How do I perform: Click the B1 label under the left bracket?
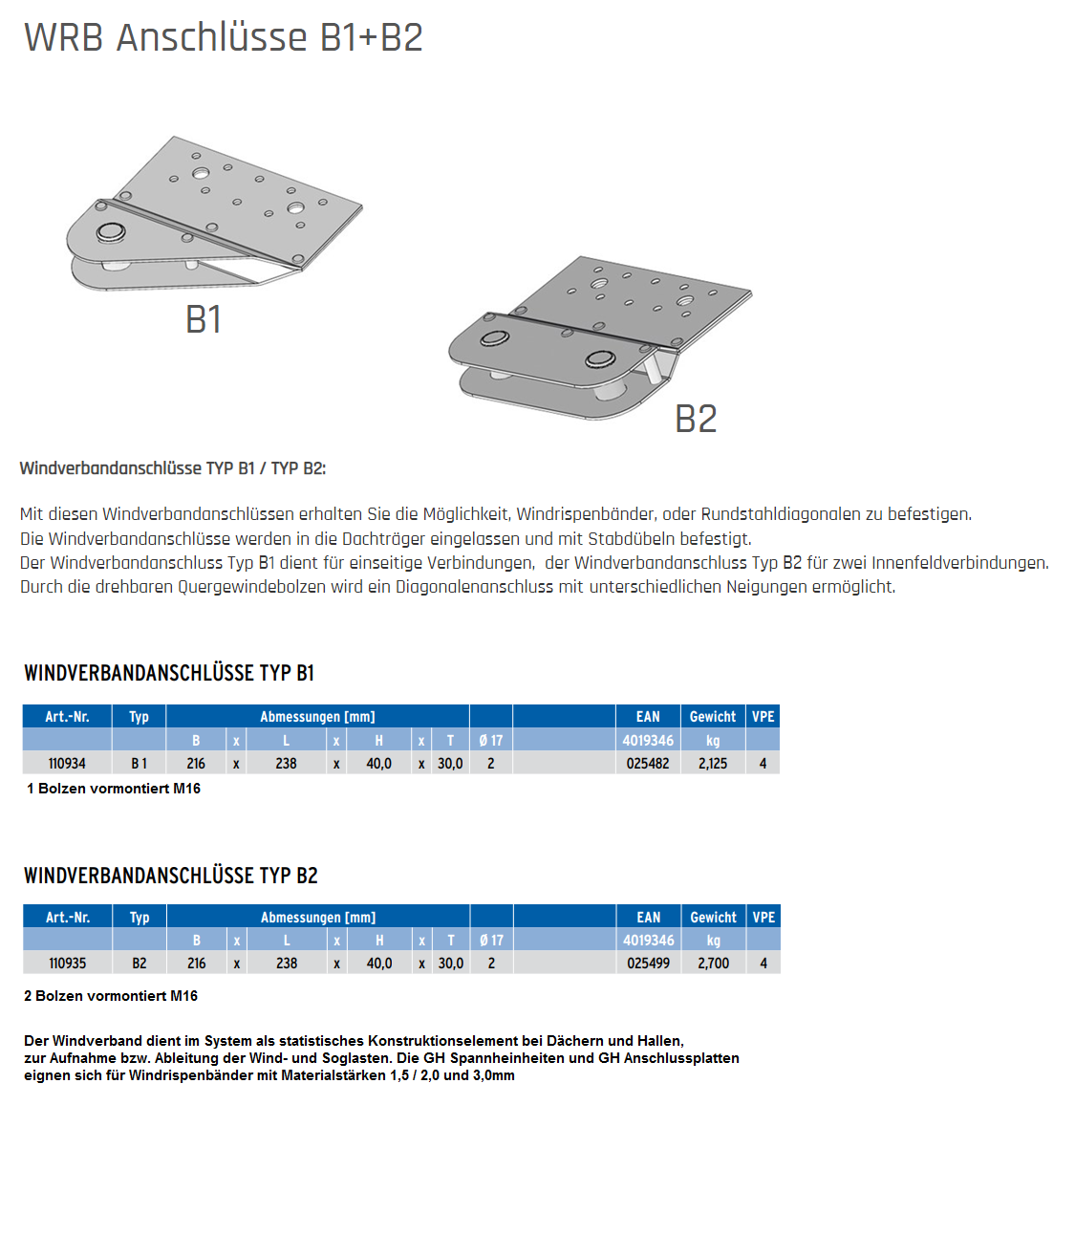[x=204, y=319]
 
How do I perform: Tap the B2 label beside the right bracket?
[x=696, y=419]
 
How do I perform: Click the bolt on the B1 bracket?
[x=111, y=232]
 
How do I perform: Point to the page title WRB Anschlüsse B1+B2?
[x=224, y=37]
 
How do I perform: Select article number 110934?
[x=67, y=764]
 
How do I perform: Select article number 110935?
[x=68, y=964]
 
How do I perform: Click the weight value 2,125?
[x=713, y=764]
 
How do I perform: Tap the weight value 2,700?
[x=714, y=964]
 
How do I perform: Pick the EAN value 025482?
[x=648, y=764]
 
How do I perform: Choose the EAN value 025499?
[x=649, y=964]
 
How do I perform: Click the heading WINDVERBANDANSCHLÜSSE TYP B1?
[x=169, y=673]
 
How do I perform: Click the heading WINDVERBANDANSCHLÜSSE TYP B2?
[x=171, y=876]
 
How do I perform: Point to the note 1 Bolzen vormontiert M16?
[x=114, y=789]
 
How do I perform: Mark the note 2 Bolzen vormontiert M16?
[x=111, y=996]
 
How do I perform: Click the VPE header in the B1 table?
[x=763, y=717]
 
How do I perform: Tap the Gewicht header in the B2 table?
[x=714, y=918]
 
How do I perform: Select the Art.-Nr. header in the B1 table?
[x=67, y=717]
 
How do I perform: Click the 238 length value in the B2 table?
[x=287, y=964]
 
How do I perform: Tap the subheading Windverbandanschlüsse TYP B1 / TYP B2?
[x=173, y=468]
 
